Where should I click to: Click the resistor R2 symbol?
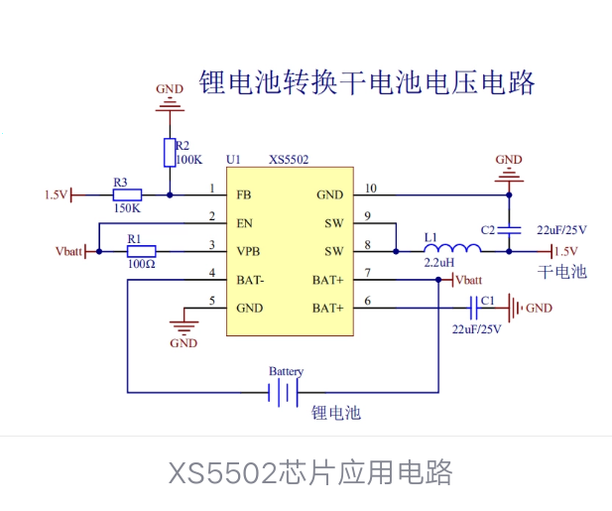(x=170, y=152)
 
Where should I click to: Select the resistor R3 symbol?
(x=127, y=195)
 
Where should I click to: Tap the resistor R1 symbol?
(x=142, y=251)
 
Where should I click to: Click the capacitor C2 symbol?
(x=510, y=229)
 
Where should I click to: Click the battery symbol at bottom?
(x=285, y=394)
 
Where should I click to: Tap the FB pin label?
(x=244, y=194)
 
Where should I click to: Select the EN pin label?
(x=245, y=223)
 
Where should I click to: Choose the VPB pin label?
(x=249, y=251)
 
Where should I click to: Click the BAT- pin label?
(x=251, y=280)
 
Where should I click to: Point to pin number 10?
(x=371, y=188)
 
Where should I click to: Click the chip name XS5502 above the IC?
(x=289, y=159)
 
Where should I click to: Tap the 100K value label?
(x=189, y=159)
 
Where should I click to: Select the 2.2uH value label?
(x=439, y=263)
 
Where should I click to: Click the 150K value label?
(x=127, y=209)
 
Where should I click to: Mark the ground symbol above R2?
(x=170, y=97)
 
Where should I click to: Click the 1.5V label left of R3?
(x=56, y=195)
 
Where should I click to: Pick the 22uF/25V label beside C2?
(x=561, y=230)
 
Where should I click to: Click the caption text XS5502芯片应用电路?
(x=309, y=472)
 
